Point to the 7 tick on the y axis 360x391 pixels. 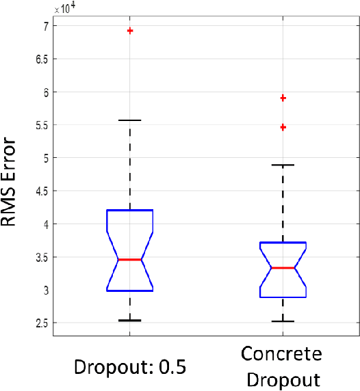click(x=43, y=26)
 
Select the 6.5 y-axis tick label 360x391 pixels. click(x=39, y=59)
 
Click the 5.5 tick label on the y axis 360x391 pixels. click(x=39, y=125)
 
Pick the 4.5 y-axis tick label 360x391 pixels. click(x=39, y=191)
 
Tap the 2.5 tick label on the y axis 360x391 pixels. click(x=39, y=323)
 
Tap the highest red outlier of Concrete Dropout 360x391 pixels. click(x=283, y=98)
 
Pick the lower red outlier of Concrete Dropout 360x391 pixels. click(x=283, y=127)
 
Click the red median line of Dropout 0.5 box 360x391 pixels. click(x=129, y=260)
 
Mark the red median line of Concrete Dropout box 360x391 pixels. click(x=283, y=268)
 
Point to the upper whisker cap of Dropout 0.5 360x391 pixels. click(x=129, y=120)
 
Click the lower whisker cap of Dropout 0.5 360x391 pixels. click(x=129, y=320)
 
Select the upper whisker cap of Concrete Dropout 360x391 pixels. click(x=283, y=165)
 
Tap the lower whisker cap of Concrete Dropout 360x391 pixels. click(x=283, y=321)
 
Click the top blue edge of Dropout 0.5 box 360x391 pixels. click(x=129, y=211)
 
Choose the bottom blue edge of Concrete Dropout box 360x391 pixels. click(x=283, y=297)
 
